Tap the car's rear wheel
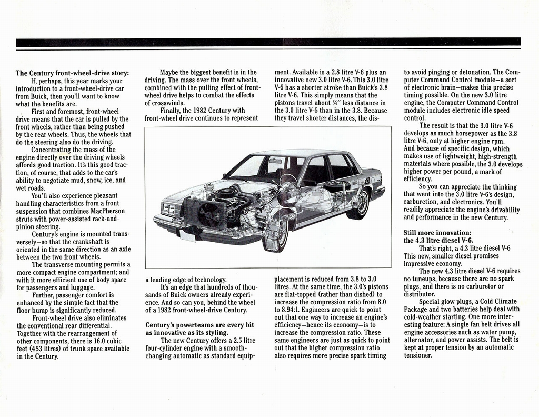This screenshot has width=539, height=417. [359, 204]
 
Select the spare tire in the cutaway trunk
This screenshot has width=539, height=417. [337, 185]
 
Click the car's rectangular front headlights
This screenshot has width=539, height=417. [168, 208]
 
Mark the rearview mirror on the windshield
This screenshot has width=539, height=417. [275, 164]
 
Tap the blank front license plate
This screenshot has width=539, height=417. [187, 235]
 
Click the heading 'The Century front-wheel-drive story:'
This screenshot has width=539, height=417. [72, 73]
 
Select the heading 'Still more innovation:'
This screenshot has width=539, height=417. [437, 232]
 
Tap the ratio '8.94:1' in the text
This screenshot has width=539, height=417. [284, 310]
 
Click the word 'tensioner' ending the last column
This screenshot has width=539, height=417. [418, 355]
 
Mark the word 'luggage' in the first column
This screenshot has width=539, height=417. [83, 287]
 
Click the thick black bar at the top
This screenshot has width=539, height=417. [268, 42]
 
